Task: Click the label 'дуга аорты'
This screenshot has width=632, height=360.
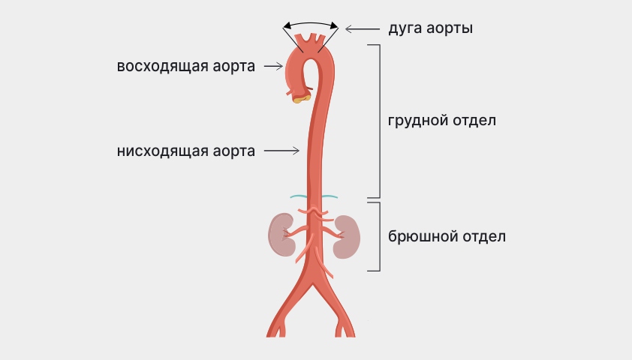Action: [429, 29]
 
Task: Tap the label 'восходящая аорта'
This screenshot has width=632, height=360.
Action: [185, 66]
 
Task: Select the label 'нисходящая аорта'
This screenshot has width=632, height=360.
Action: [185, 151]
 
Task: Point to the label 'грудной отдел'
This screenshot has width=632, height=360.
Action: [442, 121]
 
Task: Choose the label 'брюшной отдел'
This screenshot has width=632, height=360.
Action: [447, 236]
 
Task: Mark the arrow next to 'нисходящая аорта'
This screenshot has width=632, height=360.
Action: [281, 151]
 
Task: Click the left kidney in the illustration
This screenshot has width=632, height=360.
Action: [281, 235]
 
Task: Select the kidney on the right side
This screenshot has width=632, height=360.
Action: [346, 236]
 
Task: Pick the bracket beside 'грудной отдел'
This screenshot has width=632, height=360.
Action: [378, 121]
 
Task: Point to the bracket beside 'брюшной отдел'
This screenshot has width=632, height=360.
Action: [378, 236]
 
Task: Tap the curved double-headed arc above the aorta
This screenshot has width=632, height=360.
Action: [310, 25]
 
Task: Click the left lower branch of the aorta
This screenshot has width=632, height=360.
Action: [281, 315]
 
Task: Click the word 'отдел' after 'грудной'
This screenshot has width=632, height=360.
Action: [474, 121]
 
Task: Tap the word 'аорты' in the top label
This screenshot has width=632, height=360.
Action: [452, 29]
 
